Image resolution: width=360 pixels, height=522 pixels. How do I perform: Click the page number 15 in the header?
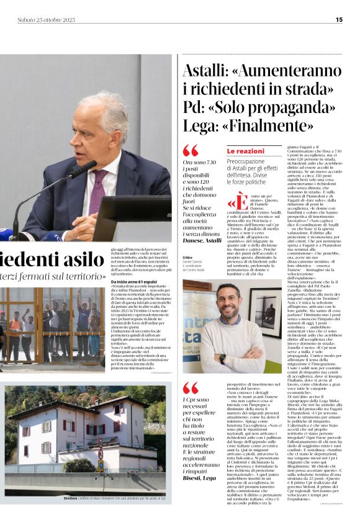(339, 19)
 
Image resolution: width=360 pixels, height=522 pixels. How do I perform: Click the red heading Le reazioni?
(245, 151)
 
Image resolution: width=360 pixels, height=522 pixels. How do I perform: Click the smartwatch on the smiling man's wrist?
(223, 359)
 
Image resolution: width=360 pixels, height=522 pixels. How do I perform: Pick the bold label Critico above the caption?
(189, 257)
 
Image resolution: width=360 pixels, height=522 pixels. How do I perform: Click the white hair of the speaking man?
(109, 106)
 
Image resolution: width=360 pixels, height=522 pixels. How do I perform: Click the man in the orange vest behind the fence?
(14, 328)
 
